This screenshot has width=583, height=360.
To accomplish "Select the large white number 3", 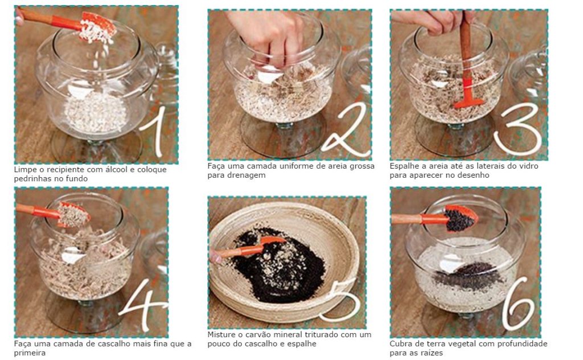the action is coord(518,128).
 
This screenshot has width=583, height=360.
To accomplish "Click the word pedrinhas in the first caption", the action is coord(32,179).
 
